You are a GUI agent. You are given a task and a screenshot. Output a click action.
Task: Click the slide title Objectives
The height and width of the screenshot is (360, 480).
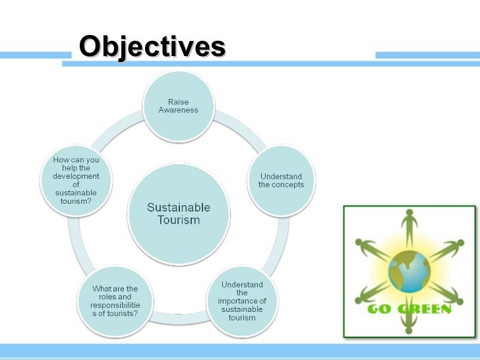coord(152,47)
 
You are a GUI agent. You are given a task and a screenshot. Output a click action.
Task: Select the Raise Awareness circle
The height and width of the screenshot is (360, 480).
coord(178,105)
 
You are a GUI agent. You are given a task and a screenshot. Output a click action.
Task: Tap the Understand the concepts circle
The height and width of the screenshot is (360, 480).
coord(282,180)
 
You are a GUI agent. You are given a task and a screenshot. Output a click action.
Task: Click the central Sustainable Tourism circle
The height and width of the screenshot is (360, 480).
coord(178,213)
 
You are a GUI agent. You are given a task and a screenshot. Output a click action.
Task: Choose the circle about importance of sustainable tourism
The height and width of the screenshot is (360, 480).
coord(242,301)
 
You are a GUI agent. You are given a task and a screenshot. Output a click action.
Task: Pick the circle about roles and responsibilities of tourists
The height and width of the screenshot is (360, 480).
coord(115,301)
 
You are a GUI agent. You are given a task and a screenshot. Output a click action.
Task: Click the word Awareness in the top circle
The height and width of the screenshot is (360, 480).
coord(178,110)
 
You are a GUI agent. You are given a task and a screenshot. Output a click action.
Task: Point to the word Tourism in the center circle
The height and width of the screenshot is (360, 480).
coord(178,220)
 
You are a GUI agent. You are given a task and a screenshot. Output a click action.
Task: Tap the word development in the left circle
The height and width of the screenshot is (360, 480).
coord(76,176)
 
